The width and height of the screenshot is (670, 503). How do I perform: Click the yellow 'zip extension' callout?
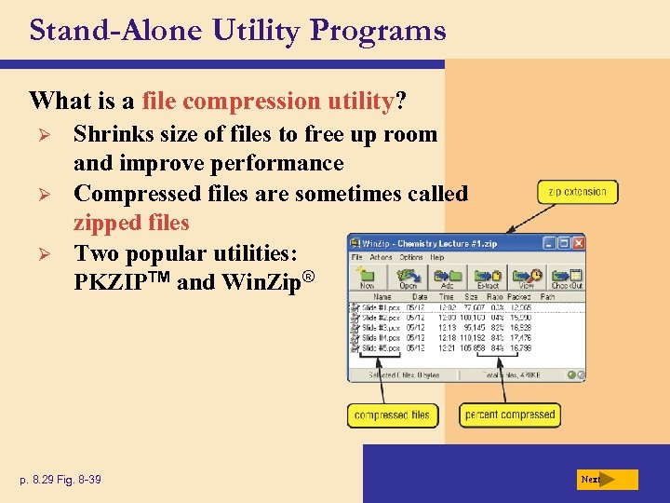(577, 192)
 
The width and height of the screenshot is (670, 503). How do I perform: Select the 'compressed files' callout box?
(392, 415)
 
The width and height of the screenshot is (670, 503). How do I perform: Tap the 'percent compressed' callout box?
(510, 415)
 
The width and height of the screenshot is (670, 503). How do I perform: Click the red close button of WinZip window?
(576, 243)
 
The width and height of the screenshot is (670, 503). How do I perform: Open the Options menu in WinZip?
(410, 257)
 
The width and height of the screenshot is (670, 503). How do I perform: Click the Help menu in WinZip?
(436, 257)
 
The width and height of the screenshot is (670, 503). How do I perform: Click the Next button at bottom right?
(606, 480)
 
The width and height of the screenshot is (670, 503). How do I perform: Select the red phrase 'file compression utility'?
(268, 100)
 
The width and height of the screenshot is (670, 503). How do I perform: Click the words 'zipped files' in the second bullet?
(131, 224)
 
